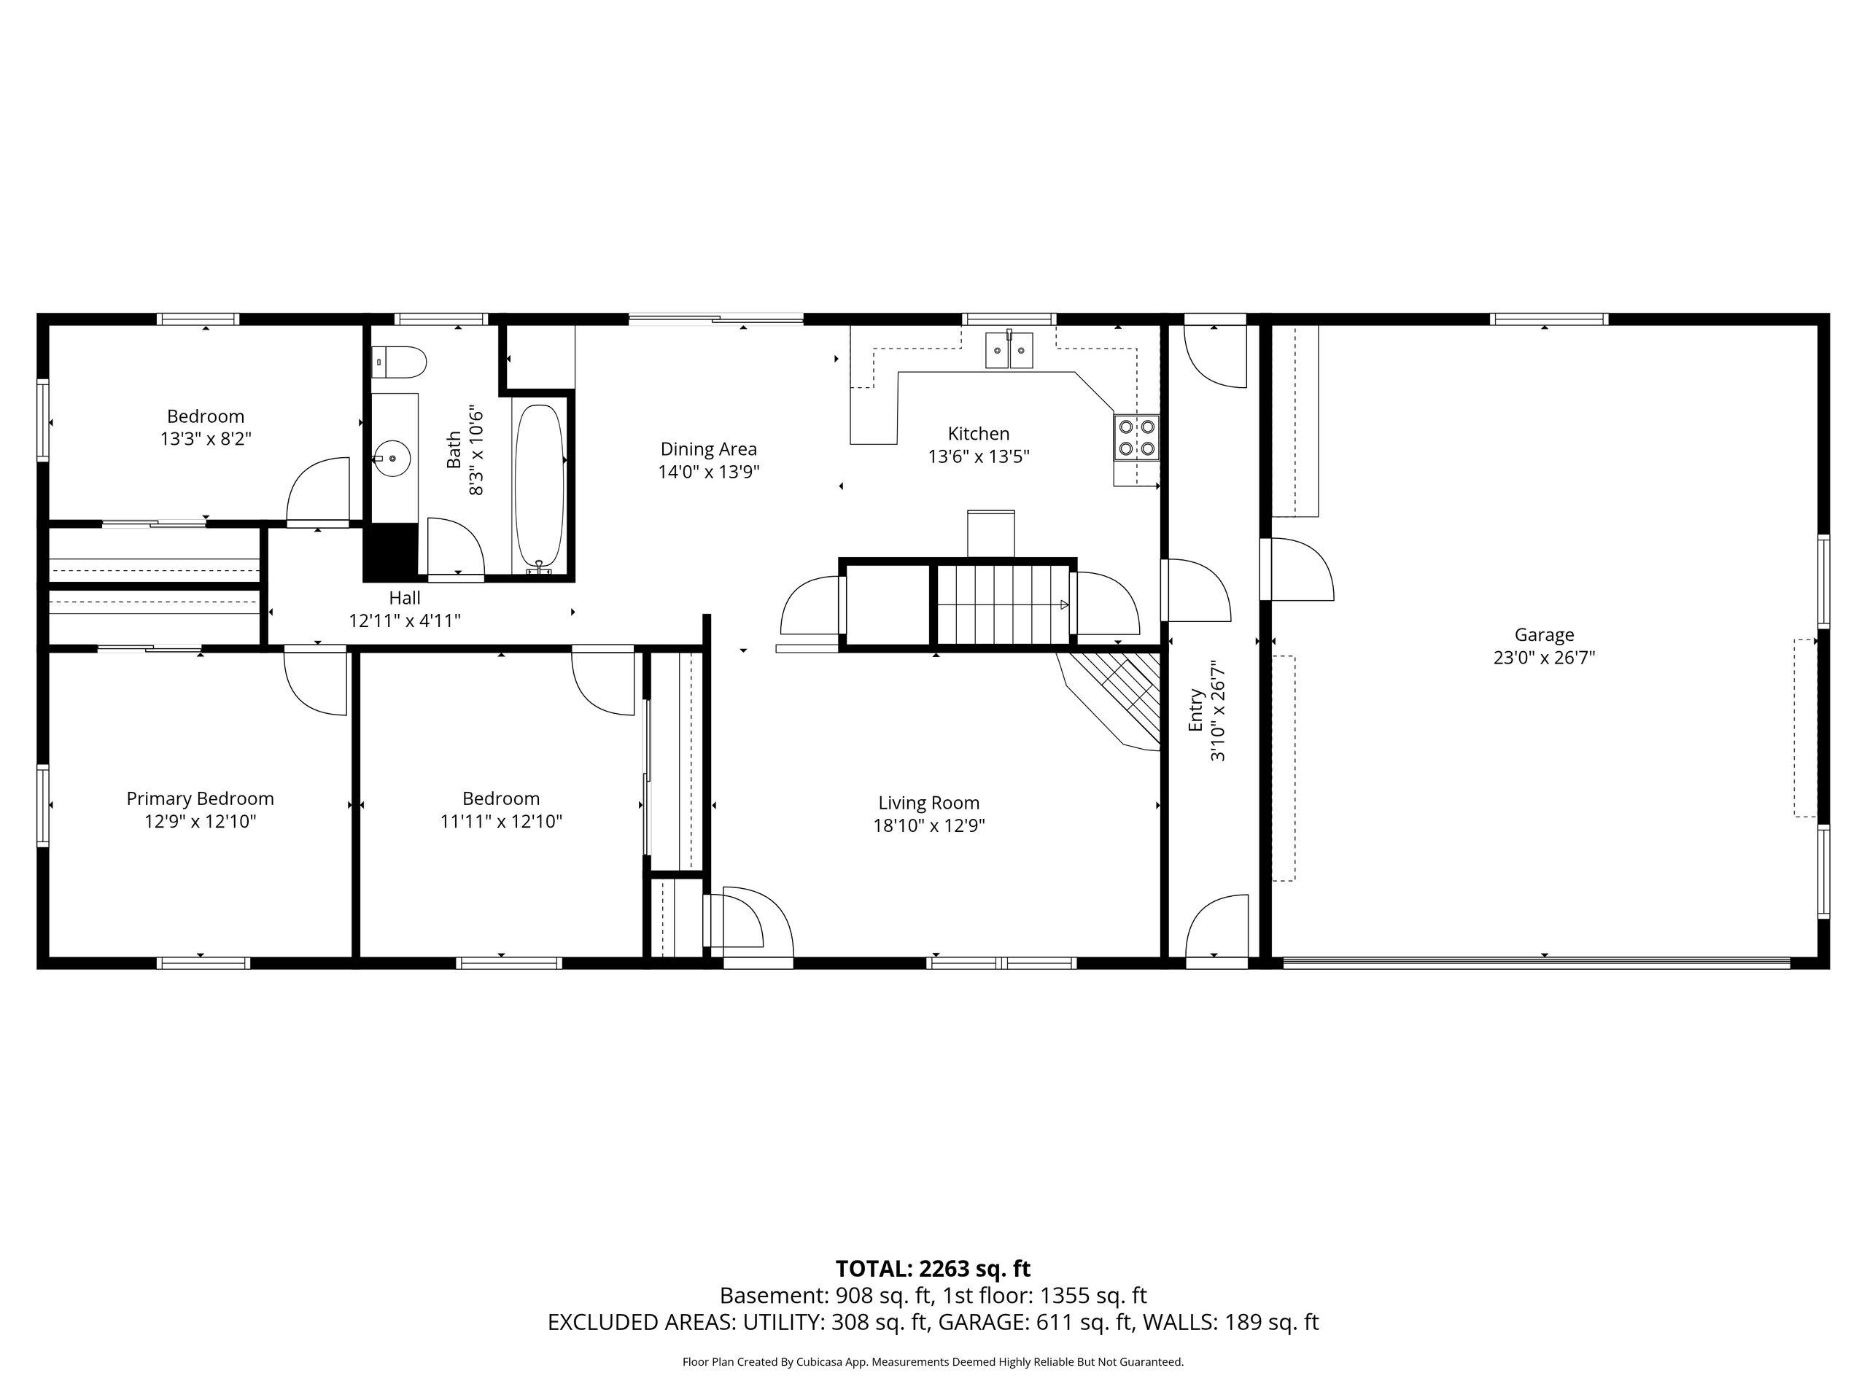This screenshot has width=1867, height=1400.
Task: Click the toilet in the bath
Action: click(399, 362)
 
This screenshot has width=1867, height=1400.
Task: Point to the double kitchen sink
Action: click(1009, 350)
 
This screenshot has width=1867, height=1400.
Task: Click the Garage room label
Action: click(1544, 634)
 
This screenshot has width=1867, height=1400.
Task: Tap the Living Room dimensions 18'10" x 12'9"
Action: click(928, 825)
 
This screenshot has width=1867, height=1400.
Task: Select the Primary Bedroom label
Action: click(200, 798)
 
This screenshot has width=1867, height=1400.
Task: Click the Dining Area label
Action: click(708, 449)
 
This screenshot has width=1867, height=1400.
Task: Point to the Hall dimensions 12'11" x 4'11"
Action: click(405, 621)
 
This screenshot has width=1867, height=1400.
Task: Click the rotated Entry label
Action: click(1196, 709)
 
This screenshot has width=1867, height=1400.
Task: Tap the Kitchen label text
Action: click(978, 434)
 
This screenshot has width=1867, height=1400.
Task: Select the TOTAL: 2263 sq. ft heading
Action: click(933, 1268)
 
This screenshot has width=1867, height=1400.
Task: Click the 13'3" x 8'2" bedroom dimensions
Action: click(206, 439)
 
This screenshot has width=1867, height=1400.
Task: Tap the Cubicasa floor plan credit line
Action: click(933, 1361)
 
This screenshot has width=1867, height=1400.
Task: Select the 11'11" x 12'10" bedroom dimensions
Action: click(501, 821)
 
